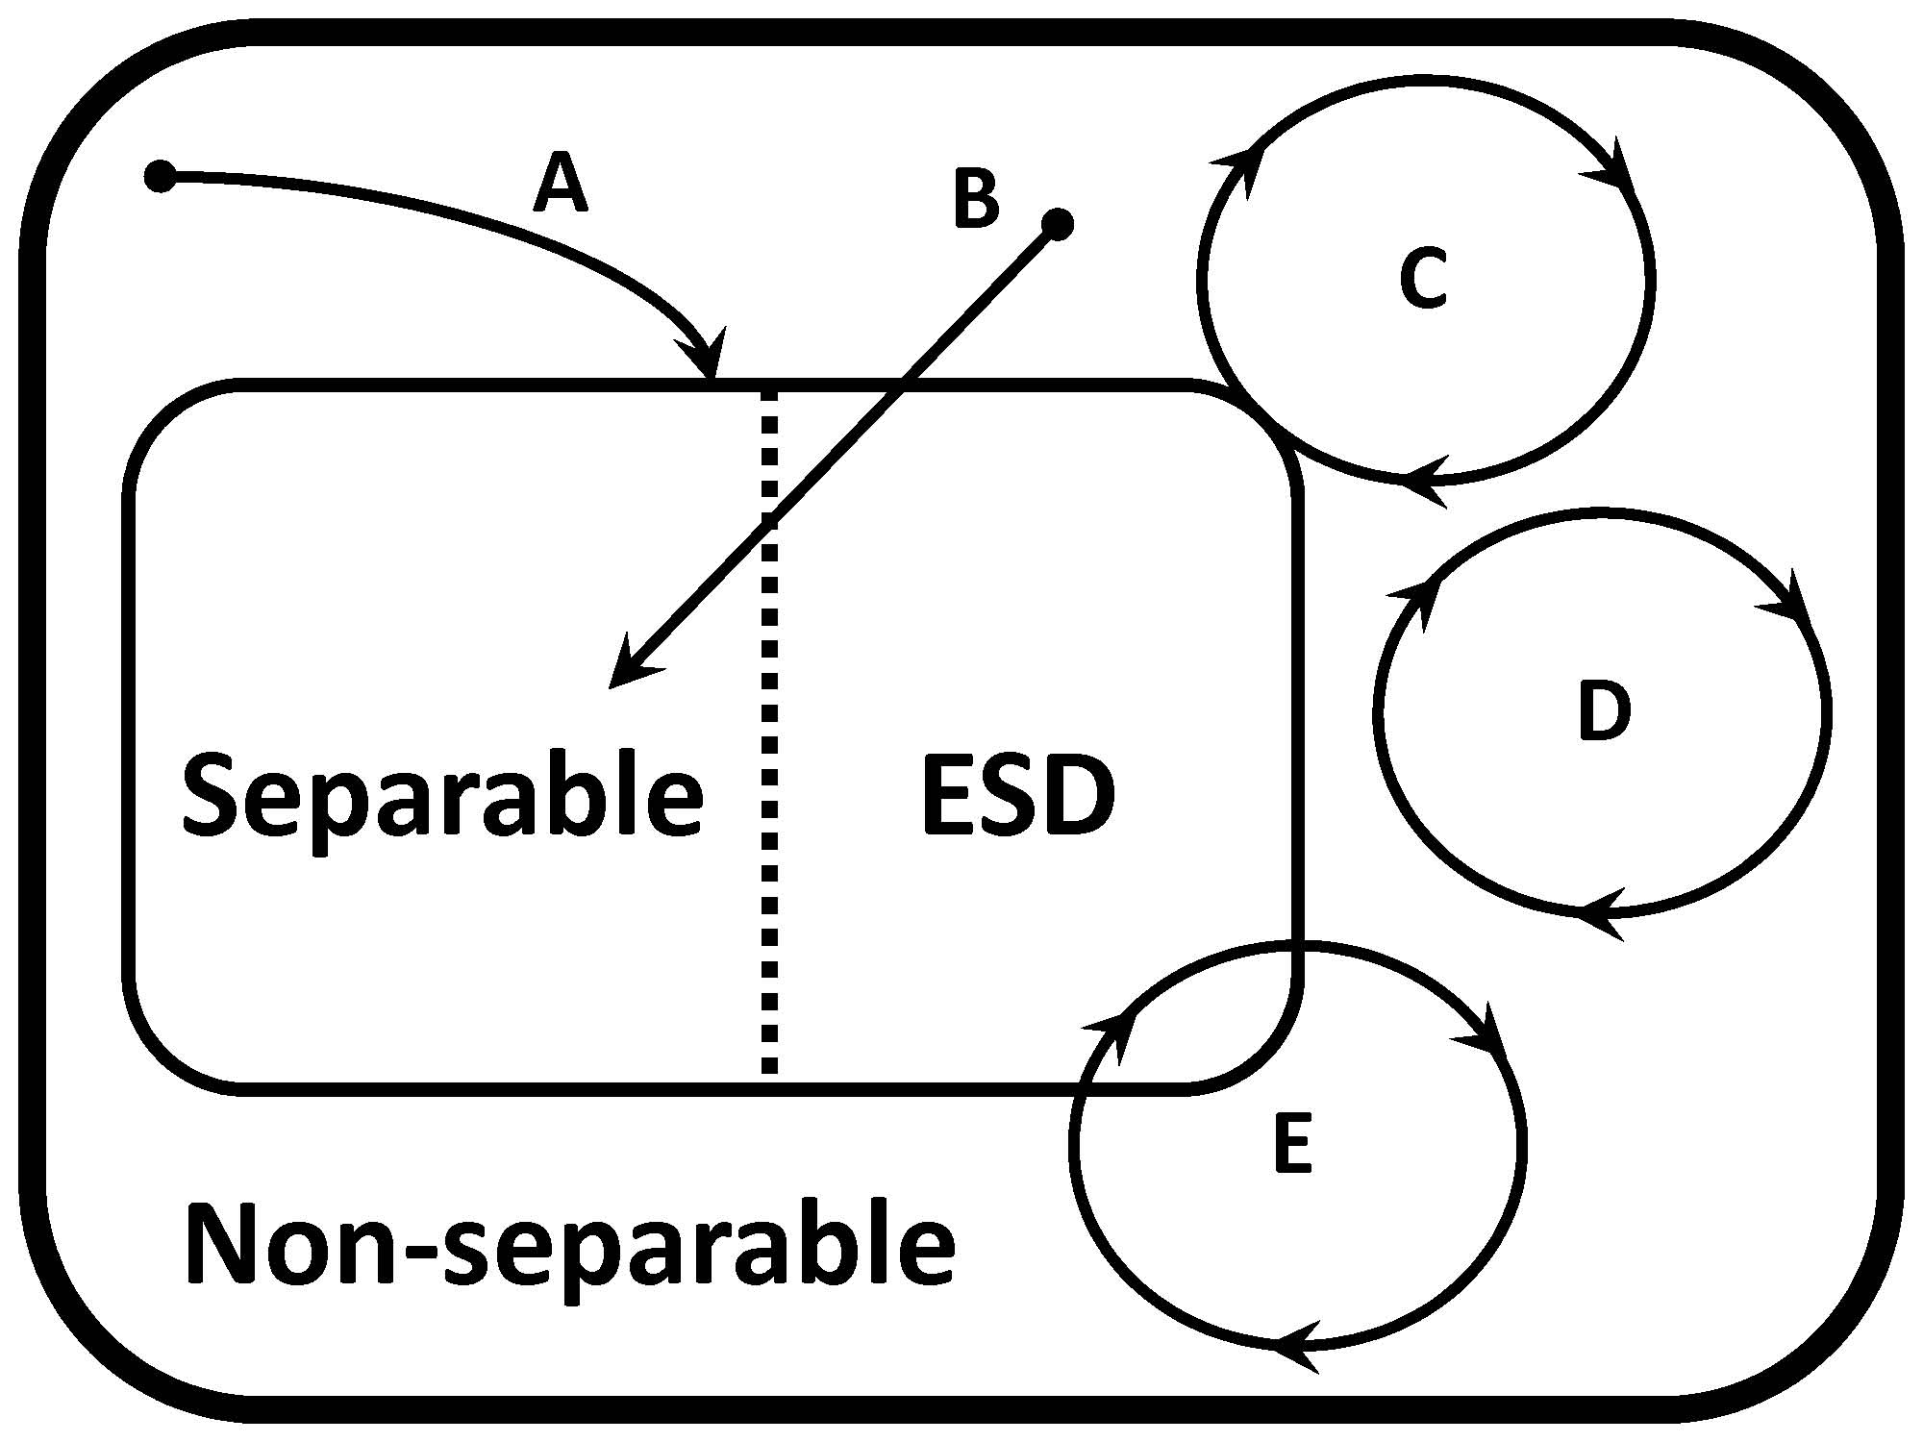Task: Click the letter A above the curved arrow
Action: point(561,186)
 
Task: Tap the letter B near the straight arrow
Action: point(976,200)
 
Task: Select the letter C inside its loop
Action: point(1423,279)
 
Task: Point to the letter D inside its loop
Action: point(1604,710)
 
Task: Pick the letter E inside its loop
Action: point(1292,1143)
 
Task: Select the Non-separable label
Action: point(569,1246)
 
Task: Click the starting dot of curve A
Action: point(160,176)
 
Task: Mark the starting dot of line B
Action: point(1058,224)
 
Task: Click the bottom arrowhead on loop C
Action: point(1423,478)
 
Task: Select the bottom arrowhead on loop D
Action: point(1601,910)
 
